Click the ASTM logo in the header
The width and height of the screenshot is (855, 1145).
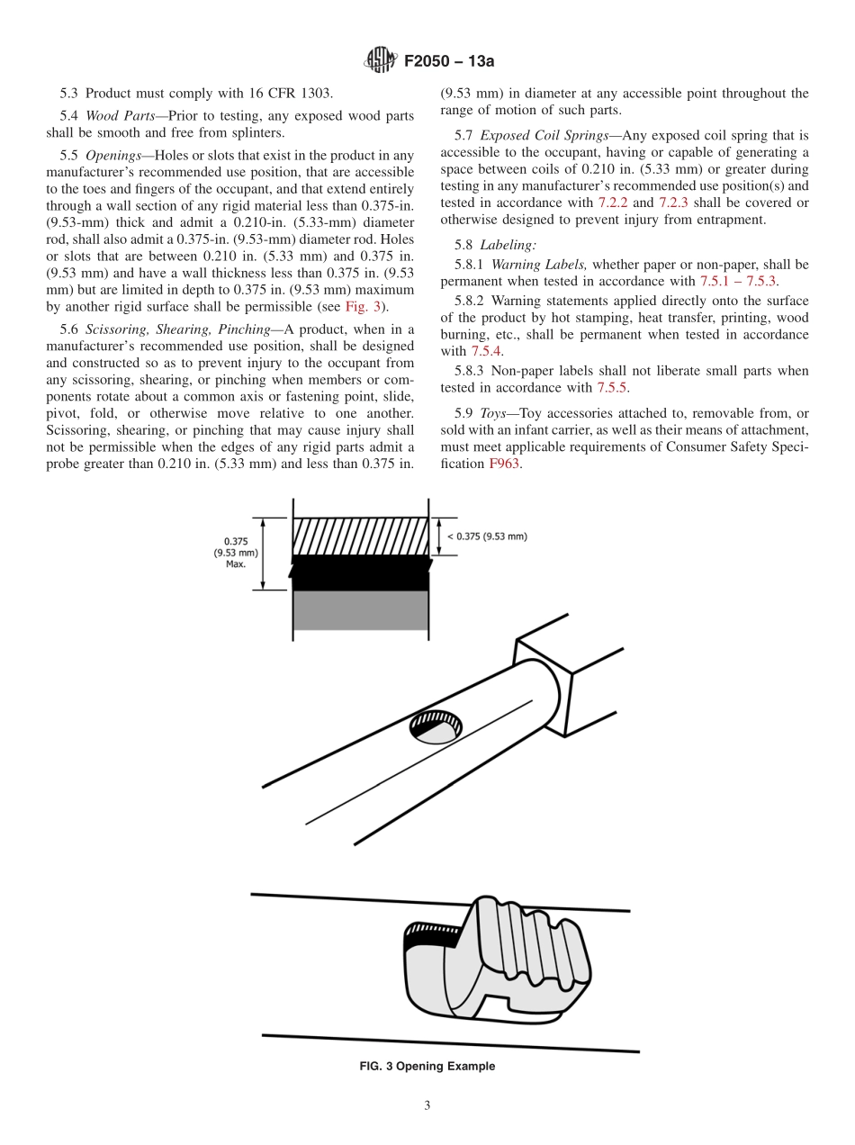tap(381, 61)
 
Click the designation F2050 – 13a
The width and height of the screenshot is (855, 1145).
tap(449, 62)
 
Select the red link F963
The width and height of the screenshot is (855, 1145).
tap(504, 464)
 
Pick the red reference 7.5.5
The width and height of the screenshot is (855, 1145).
tap(612, 388)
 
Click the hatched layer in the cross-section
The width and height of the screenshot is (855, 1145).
tap(360, 536)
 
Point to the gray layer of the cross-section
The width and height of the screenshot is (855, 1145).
tap(360, 610)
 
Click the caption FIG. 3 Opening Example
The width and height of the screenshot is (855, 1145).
tap(427, 1067)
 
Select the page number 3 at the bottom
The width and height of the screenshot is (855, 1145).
tap(427, 1106)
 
